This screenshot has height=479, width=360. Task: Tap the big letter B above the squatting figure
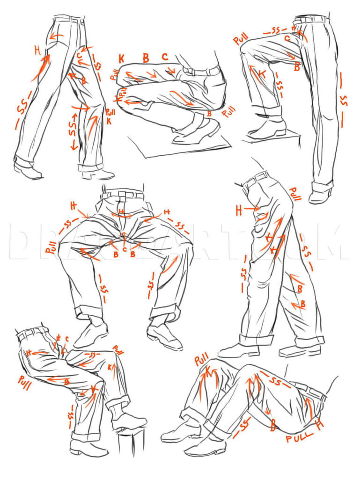[x=146, y=58]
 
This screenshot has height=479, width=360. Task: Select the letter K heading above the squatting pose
[x=121, y=59]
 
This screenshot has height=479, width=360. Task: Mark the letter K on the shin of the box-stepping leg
[x=262, y=74]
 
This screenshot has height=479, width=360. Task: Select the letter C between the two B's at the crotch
[x=124, y=249]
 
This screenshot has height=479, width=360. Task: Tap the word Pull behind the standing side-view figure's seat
[x=295, y=194]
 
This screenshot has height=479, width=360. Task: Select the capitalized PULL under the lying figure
[x=300, y=439]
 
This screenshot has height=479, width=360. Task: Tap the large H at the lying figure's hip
[x=320, y=425]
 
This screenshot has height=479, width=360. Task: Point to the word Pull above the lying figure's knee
[x=201, y=360]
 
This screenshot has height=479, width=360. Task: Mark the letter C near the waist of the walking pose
[x=80, y=56]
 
